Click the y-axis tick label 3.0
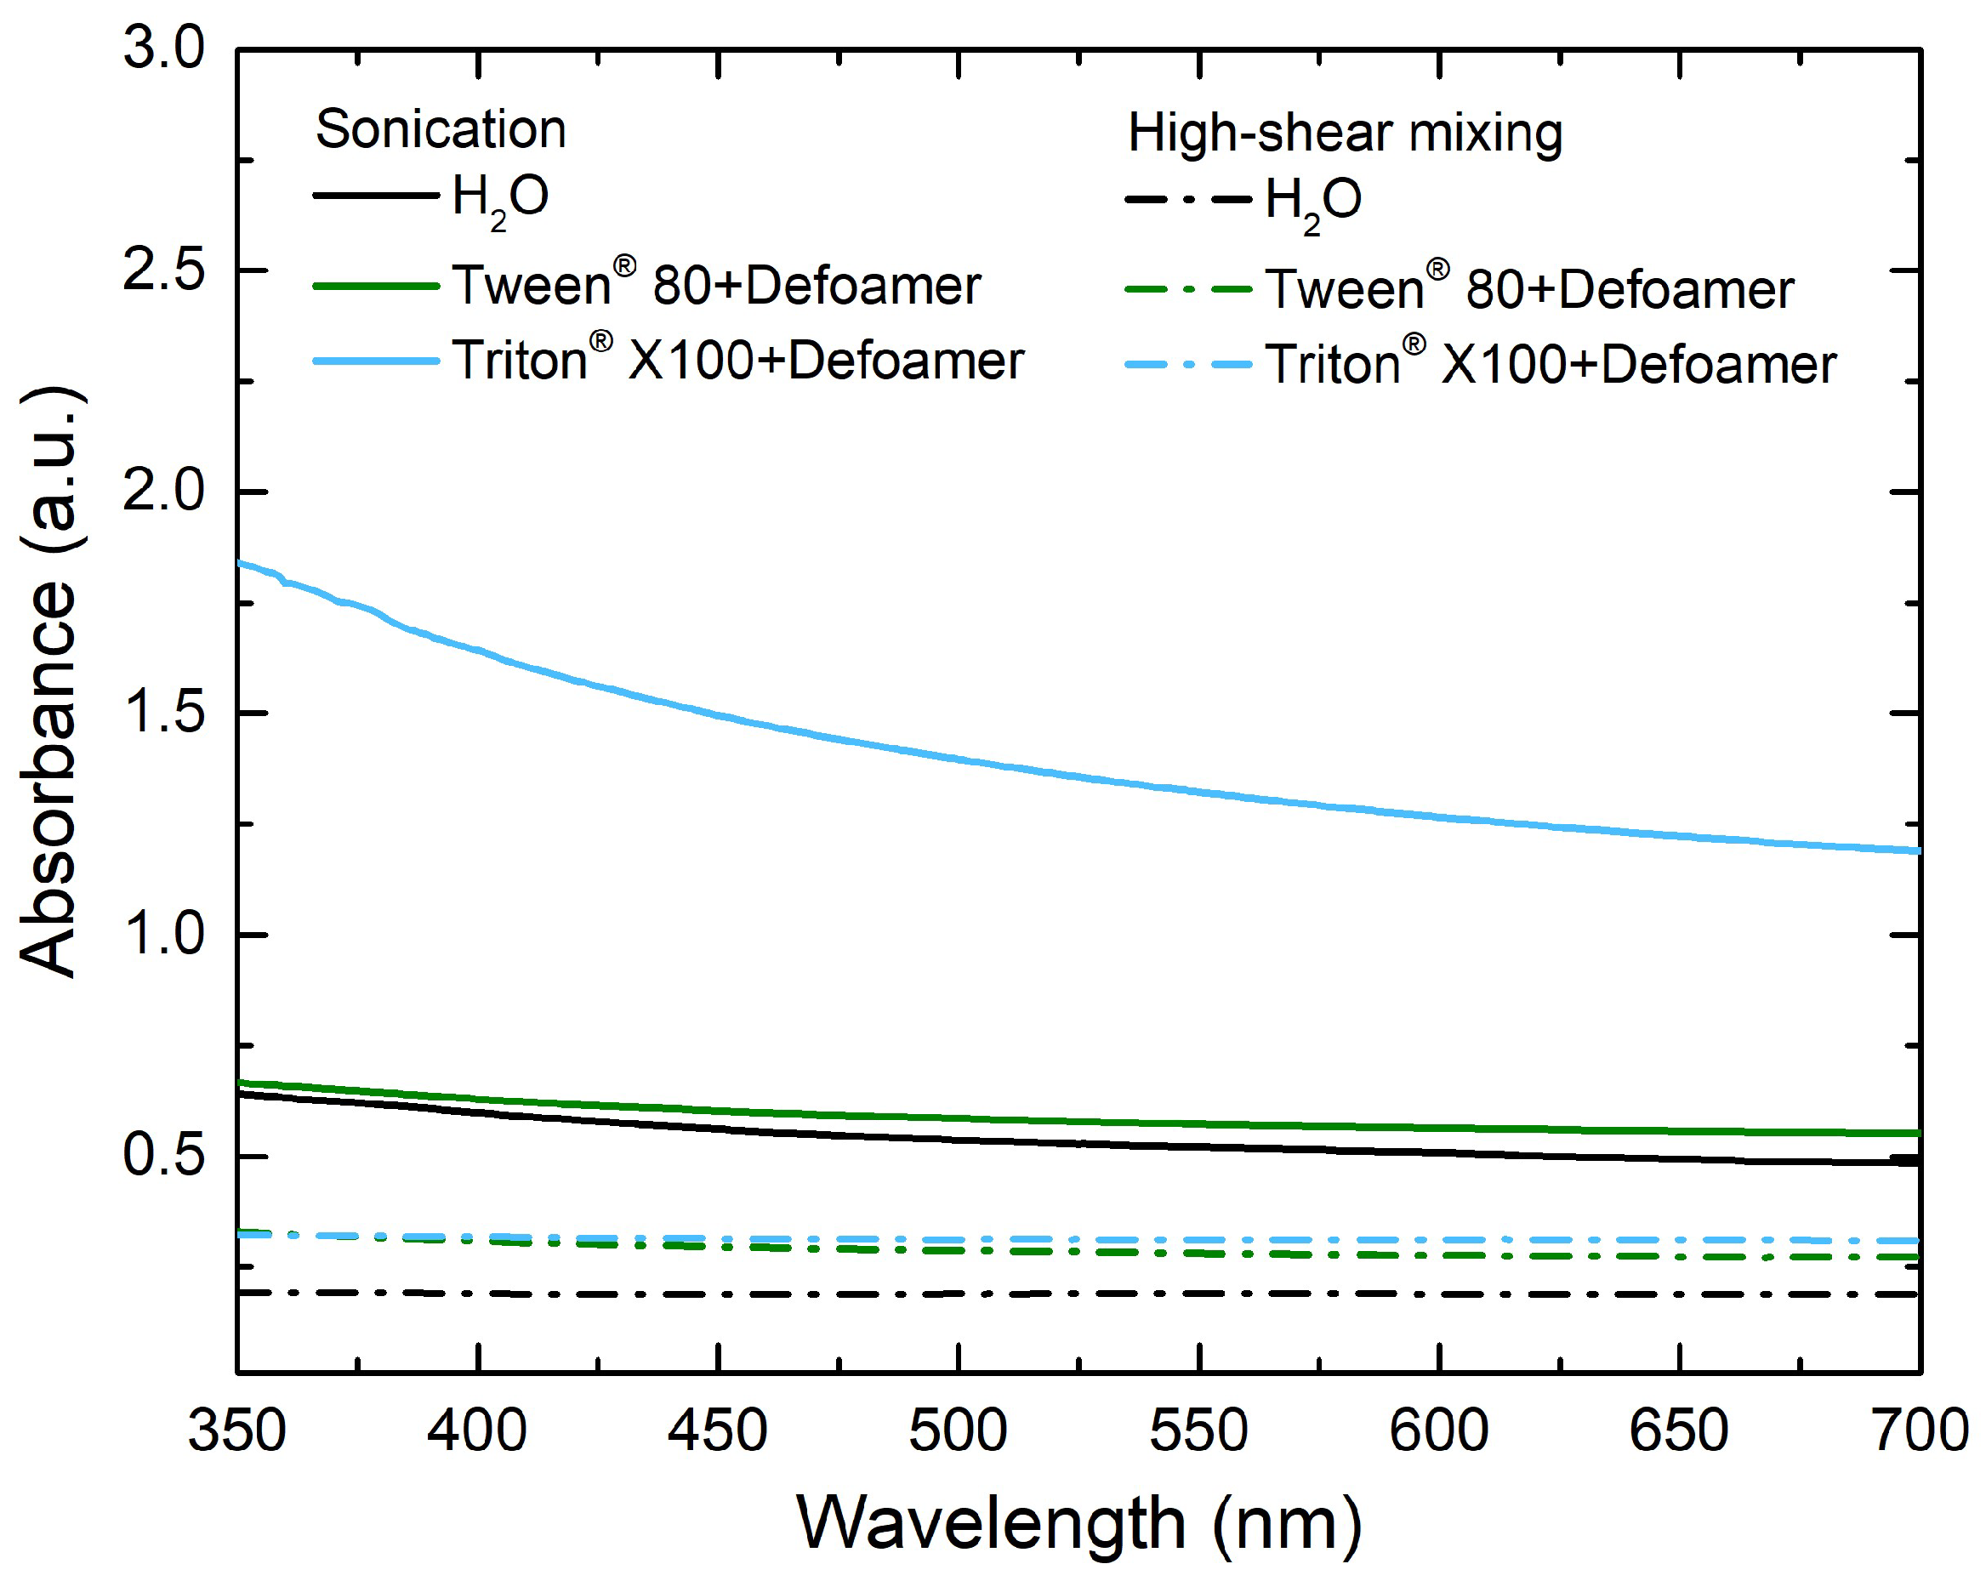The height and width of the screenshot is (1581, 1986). click(x=164, y=48)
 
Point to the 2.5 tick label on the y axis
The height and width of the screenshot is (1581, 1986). click(x=164, y=270)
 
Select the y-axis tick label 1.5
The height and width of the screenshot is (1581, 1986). click(x=164, y=713)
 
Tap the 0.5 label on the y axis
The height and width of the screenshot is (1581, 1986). click(x=164, y=1157)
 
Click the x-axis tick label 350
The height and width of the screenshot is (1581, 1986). click(x=237, y=1430)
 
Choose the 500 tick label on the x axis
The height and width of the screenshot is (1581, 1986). click(x=958, y=1430)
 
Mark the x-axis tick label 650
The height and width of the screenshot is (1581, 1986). click(x=1679, y=1430)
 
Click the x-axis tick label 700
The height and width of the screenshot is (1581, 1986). click(x=1921, y=1430)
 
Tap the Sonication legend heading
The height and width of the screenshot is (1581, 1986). click(x=441, y=129)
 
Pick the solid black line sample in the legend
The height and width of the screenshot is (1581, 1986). click(x=376, y=196)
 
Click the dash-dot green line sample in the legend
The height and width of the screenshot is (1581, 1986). click(x=1188, y=290)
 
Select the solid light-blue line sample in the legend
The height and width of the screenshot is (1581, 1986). click(x=376, y=361)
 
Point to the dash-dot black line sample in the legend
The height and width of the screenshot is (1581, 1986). click(x=1188, y=199)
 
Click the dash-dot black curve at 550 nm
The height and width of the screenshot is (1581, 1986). click(x=1199, y=1294)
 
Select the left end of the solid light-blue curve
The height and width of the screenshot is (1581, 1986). click(x=241, y=563)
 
